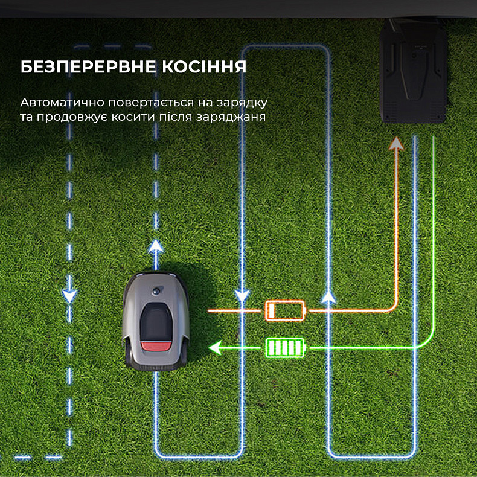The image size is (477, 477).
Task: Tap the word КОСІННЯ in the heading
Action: tap(206, 67)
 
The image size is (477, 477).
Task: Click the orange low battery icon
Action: tap(286, 310)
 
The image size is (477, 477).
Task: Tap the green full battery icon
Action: tap(286, 348)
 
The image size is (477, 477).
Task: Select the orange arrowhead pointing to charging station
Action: tap(397, 143)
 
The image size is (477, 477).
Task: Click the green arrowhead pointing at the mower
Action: tap(214, 348)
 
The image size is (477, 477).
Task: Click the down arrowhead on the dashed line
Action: tap(70, 295)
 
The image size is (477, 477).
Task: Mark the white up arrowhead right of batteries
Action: tap(328, 296)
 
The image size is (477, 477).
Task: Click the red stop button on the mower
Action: tap(156, 346)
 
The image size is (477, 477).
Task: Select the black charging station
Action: tap(414, 72)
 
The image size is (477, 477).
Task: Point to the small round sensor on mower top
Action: tap(159, 290)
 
